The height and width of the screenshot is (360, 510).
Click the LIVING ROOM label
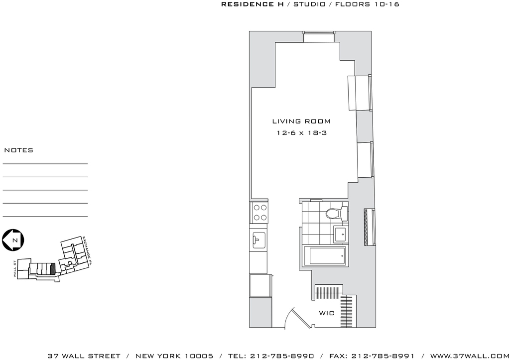(x=301, y=121)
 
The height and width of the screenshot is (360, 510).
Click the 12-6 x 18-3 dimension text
(x=301, y=133)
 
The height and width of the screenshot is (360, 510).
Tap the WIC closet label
(x=327, y=313)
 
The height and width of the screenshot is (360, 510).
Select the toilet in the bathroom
(x=337, y=214)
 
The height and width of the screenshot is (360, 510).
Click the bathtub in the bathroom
(x=327, y=256)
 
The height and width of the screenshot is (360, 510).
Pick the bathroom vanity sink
(x=341, y=235)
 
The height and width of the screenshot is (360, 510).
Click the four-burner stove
(x=259, y=212)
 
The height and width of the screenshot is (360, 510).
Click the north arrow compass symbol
(x=13, y=240)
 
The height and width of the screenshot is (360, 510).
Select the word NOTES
(x=18, y=150)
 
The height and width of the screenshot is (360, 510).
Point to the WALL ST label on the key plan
(x=15, y=269)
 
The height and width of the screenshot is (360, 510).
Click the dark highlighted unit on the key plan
(x=52, y=269)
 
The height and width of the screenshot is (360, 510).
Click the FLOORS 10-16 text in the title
(x=367, y=4)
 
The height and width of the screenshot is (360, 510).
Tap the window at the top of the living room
(x=319, y=36)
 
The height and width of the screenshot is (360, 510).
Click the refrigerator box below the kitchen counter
(x=260, y=285)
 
